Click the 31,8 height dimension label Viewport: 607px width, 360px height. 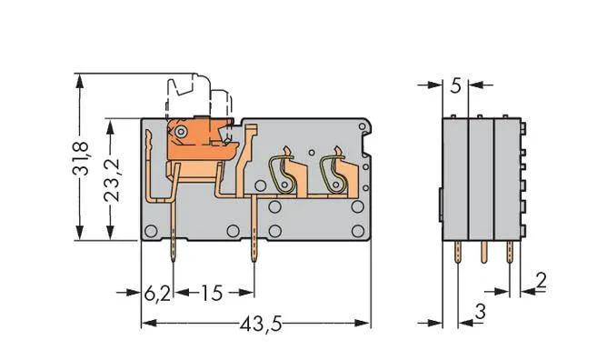coord(80,158)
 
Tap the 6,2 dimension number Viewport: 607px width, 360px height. coord(156,294)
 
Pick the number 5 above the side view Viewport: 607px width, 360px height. coord(455,87)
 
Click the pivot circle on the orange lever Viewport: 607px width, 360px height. coord(182,133)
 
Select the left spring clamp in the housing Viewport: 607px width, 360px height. coord(284,171)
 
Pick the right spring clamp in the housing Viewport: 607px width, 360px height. coord(334,171)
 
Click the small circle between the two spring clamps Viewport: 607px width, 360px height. coord(311,152)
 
